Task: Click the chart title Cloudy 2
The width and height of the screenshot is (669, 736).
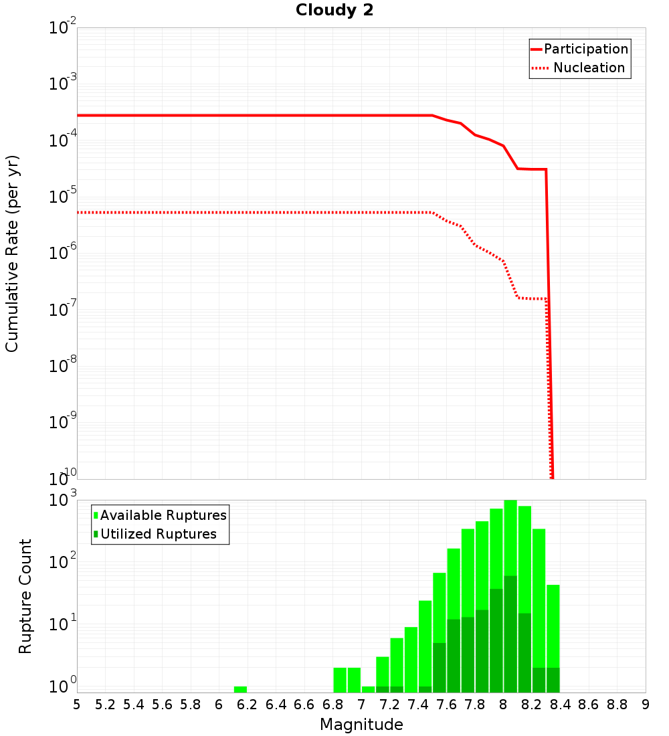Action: coord(334,11)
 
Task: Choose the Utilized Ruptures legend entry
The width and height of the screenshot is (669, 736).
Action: coord(158,535)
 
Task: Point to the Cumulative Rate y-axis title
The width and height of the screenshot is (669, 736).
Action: coord(12,254)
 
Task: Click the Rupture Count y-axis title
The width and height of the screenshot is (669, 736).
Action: coord(25,596)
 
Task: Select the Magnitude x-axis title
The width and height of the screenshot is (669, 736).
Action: coord(361,725)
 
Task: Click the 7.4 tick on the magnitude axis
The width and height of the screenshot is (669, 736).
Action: coord(418,705)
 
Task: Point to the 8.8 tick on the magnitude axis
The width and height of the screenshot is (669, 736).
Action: coord(617,705)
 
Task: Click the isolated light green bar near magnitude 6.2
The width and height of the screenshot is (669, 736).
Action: coord(241,689)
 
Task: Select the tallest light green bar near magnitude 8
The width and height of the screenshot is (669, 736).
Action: coord(510,535)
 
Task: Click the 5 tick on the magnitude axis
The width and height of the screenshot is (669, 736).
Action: coord(77,705)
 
